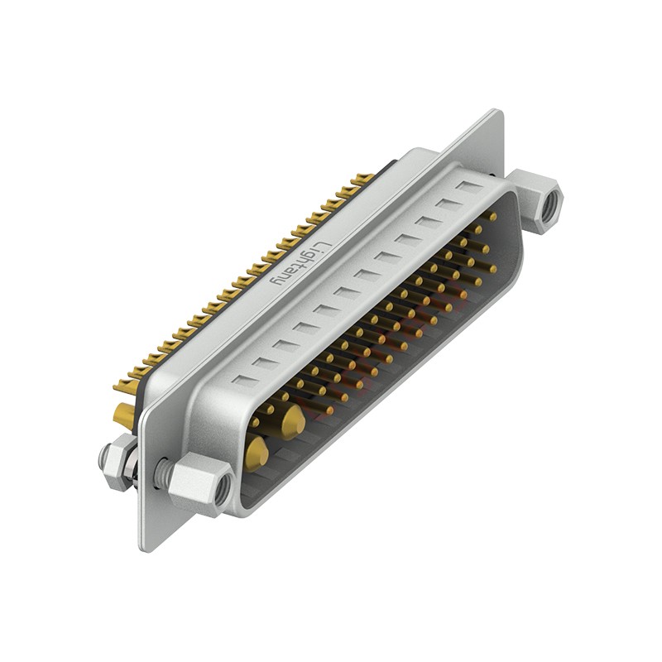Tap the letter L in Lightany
(323, 247)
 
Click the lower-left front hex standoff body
(201, 483)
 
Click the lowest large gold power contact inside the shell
(257, 454)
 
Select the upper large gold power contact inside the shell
(295, 423)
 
